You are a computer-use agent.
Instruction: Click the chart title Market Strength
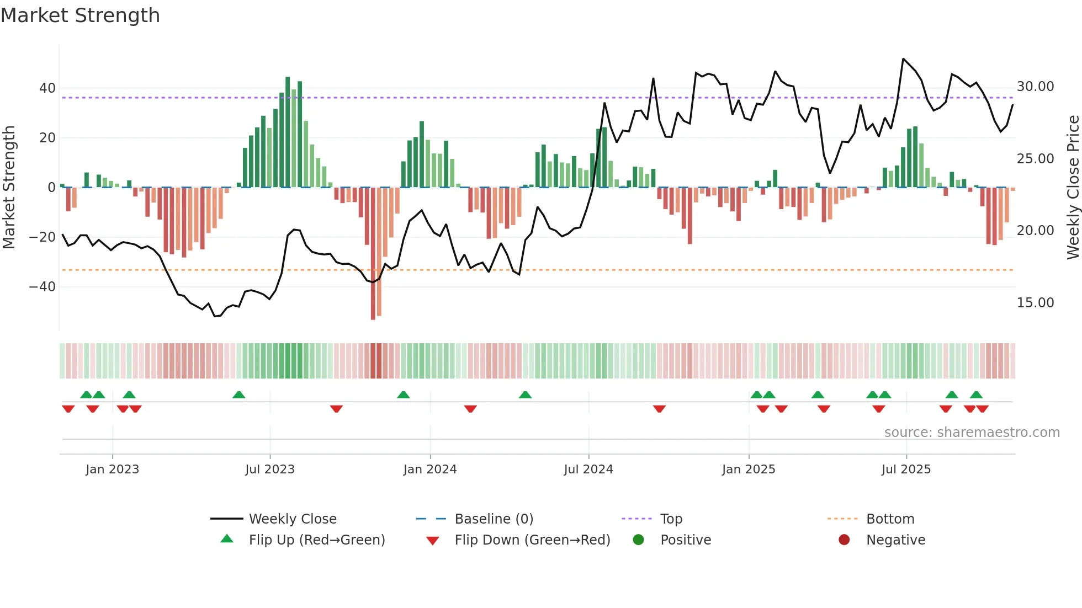tap(80, 15)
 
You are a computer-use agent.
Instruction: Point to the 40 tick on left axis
tap(47, 88)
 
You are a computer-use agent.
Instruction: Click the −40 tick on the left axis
tap(43, 287)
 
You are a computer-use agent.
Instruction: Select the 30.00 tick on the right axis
tap(1035, 87)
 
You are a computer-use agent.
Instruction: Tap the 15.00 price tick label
tap(1035, 303)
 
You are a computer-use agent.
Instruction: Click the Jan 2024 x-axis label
tap(430, 470)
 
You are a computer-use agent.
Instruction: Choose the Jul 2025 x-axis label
tap(906, 470)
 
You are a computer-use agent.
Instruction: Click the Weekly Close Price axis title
tap(1073, 188)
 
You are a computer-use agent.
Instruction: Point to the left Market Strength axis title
tap(9, 188)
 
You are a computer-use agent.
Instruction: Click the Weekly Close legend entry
tap(293, 519)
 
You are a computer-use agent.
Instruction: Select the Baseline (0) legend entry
tap(494, 519)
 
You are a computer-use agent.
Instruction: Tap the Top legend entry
tap(671, 519)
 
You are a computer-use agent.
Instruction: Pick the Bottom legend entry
tap(890, 519)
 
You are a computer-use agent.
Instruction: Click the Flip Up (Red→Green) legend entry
tap(316, 540)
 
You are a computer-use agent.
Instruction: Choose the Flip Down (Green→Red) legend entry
tap(532, 540)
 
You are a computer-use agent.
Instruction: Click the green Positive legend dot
tap(639, 540)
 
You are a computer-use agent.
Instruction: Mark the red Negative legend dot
tap(844, 540)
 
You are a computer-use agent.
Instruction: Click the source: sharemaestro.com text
tap(972, 433)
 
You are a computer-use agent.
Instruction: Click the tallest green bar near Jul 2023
tap(288, 132)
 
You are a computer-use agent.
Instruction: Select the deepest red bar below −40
tap(373, 254)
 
